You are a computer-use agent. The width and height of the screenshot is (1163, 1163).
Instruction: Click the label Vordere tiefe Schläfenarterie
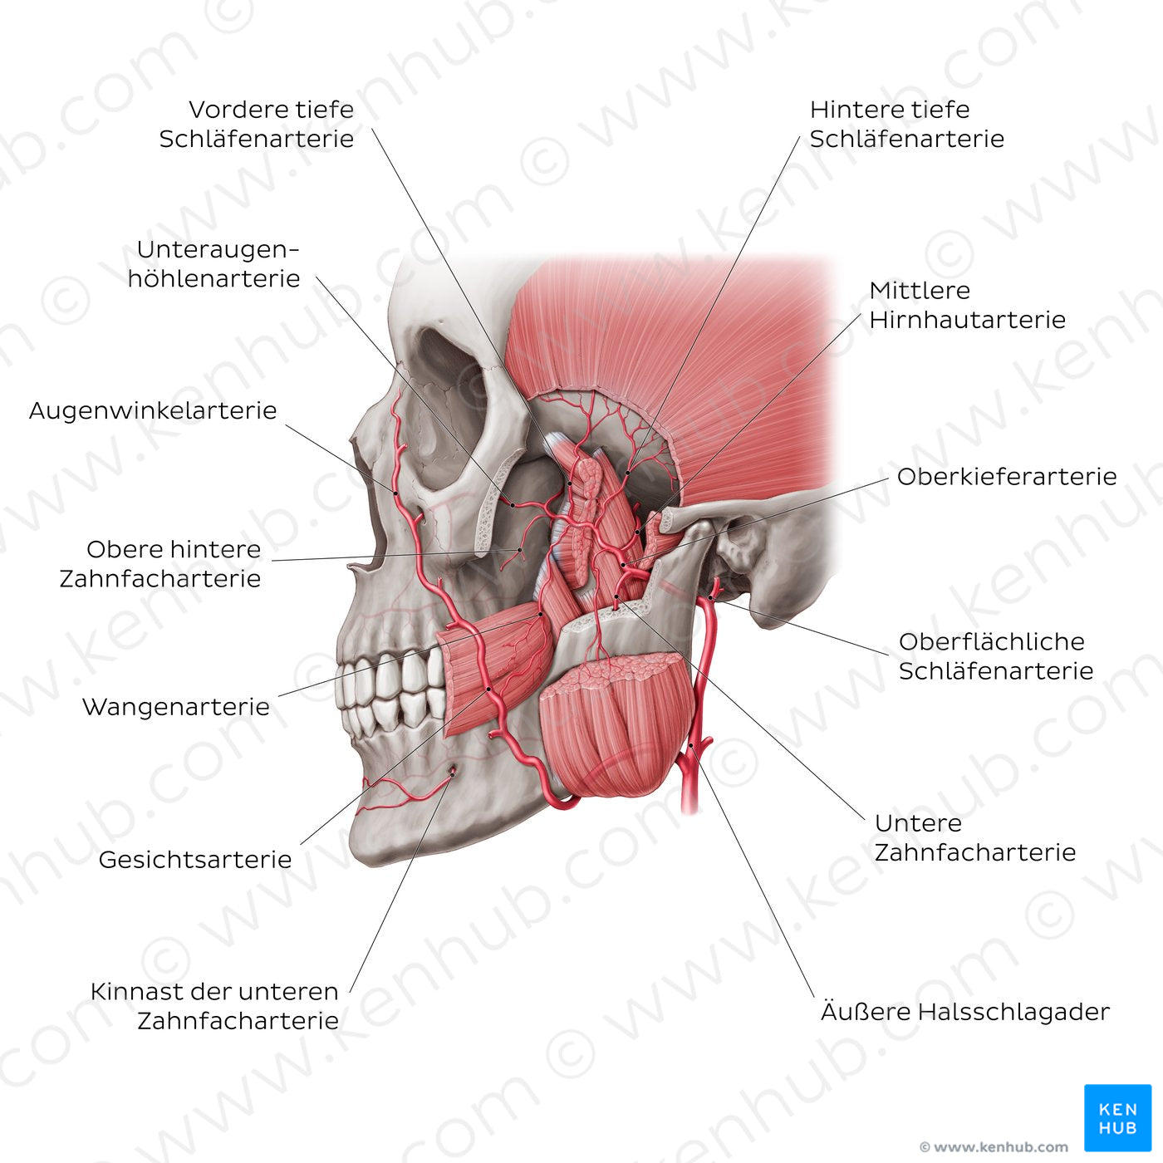(x=257, y=124)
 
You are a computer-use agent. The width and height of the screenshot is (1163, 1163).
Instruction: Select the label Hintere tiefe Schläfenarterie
(x=906, y=124)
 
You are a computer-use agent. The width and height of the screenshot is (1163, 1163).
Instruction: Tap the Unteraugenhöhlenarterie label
(x=214, y=263)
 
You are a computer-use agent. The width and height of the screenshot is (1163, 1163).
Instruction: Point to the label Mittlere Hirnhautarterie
(x=967, y=305)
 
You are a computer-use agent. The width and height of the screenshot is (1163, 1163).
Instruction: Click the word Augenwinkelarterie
(x=153, y=410)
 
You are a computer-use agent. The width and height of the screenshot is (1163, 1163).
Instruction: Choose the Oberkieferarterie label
(x=1006, y=477)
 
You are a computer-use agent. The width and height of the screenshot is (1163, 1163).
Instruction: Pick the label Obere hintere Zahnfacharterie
(x=160, y=563)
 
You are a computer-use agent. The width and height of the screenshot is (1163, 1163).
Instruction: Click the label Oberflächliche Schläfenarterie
(x=995, y=655)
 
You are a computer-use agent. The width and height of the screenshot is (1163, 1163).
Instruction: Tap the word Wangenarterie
(x=176, y=707)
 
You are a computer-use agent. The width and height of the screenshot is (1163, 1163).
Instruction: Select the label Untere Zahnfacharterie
(x=974, y=837)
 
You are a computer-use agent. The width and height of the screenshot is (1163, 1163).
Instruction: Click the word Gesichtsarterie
(x=195, y=860)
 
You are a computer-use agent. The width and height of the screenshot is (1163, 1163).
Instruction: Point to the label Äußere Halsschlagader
(x=964, y=1012)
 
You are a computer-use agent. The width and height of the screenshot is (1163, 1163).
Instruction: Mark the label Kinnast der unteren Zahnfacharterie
(x=214, y=1005)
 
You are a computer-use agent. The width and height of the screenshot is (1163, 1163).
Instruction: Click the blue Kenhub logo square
(x=1117, y=1117)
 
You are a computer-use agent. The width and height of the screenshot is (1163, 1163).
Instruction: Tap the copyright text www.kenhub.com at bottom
(x=994, y=1147)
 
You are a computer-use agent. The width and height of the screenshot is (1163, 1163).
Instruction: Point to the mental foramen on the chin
(x=453, y=773)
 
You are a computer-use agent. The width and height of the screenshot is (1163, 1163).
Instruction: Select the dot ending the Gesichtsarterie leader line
(x=488, y=689)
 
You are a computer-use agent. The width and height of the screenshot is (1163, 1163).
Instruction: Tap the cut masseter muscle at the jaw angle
(x=615, y=731)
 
